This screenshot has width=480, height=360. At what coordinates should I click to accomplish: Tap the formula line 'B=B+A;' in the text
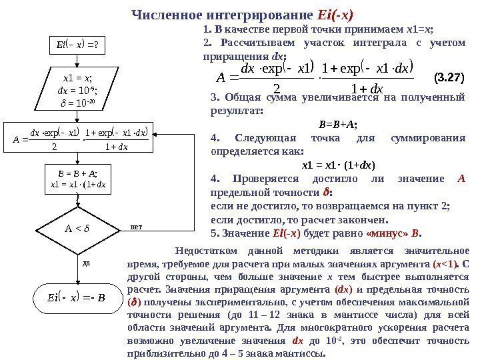coord(338,123)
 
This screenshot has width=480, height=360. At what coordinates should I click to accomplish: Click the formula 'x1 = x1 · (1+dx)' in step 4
coord(338,165)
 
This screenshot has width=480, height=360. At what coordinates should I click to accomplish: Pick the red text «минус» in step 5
coord(385,233)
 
